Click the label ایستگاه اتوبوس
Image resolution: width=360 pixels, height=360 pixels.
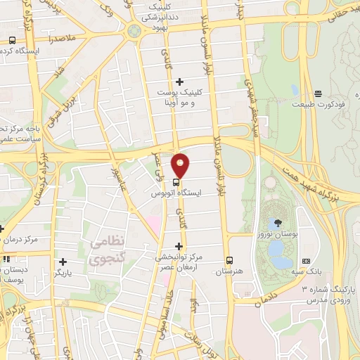pyautogui.click(x=177, y=192)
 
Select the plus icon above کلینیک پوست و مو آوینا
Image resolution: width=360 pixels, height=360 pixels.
pyautogui.click(x=180, y=82)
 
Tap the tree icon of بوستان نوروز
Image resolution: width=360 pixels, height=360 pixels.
pyautogui.click(x=271, y=203)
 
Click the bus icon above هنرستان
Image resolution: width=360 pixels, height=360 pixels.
pyautogui.click(x=229, y=259)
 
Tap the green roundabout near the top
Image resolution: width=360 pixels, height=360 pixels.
pyautogui.click(x=134, y=30)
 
